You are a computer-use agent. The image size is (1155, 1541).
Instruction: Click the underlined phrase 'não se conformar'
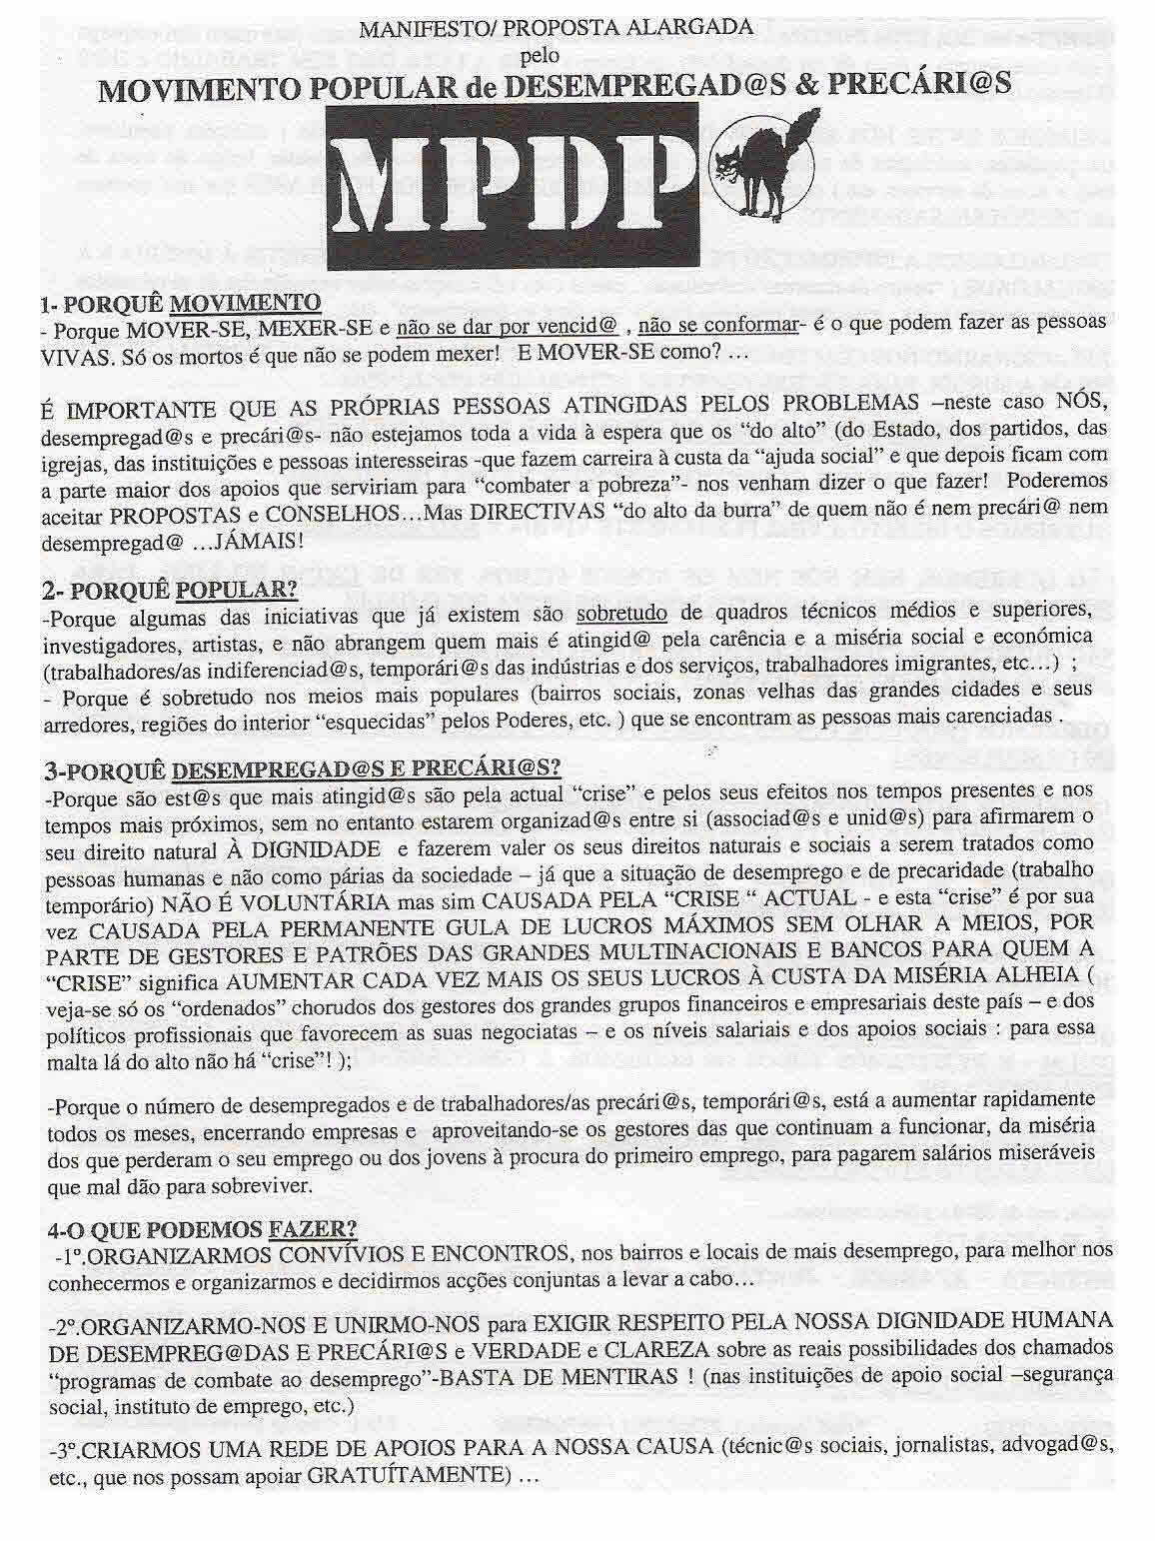click(717, 323)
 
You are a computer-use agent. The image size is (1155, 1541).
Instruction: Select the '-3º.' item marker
click(68, 1449)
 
